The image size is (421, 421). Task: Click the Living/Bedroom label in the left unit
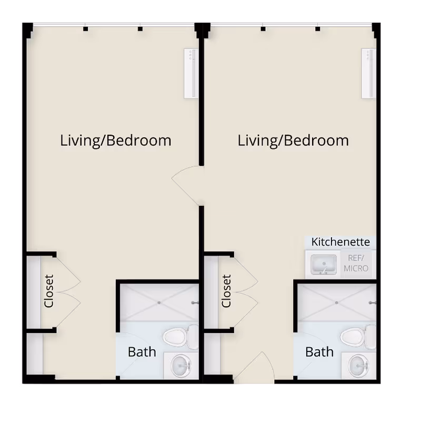click(x=116, y=141)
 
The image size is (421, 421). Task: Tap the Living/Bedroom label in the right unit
click(x=293, y=141)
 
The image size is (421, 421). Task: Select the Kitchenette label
click(x=340, y=242)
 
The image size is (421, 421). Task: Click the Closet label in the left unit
click(x=49, y=291)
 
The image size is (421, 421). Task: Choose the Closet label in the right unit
click(x=227, y=291)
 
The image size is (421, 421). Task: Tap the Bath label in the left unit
click(x=142, y=351)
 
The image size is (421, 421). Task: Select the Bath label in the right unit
click(x=319, y=351)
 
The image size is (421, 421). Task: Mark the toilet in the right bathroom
click(x=356, y=337)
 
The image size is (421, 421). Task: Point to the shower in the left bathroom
click(x=158, y=302)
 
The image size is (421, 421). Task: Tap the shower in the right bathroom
click(x=336, y=302)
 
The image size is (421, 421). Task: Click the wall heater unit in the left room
click(x=191, y=73)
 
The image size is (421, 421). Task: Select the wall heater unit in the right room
click(x=368, y=73)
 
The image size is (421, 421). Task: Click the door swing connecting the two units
click(x=187, y=185)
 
